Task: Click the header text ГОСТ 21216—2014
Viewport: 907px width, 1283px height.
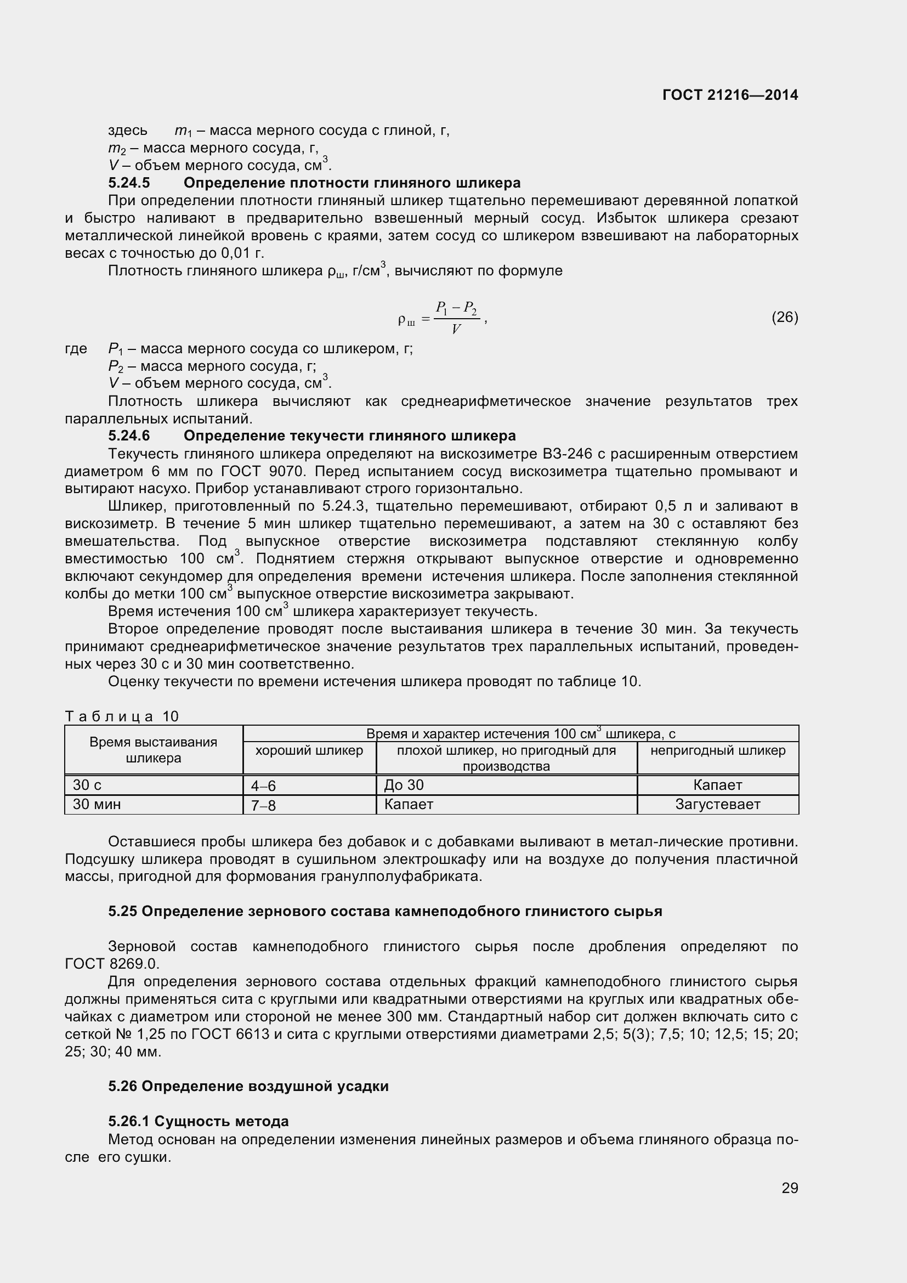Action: point(730,95)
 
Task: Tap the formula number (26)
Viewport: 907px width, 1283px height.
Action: point(785,318)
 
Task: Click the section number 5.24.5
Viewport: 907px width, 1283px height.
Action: point(129,183)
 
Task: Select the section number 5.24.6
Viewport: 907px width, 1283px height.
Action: point(129,436)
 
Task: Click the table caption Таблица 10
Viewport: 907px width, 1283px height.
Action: point(122,716)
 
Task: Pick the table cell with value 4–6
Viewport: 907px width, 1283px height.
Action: point(264,786)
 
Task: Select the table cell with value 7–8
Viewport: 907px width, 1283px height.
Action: point(264,805)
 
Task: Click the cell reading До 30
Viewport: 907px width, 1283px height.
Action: point(404,785)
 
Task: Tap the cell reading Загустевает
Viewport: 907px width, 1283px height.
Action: point(718,804)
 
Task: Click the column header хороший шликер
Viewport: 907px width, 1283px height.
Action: point(309,750)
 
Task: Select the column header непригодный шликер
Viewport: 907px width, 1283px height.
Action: point(718,750)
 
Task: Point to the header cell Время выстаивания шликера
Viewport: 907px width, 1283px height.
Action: point(154,750)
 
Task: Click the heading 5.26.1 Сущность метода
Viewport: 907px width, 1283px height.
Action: point(199,1121)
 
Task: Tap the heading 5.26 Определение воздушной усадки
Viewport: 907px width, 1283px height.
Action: point(248,1086)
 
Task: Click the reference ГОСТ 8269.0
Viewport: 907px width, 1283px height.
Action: point(112,963)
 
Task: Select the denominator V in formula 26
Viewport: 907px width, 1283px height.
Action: point(456,329)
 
